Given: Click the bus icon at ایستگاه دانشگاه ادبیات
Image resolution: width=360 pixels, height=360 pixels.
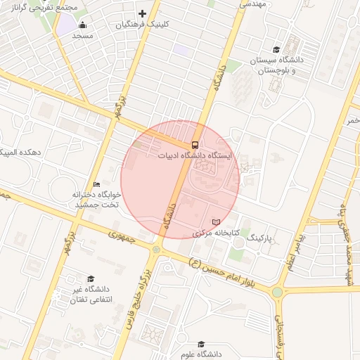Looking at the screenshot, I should pyautogui.click(x=195, y=145).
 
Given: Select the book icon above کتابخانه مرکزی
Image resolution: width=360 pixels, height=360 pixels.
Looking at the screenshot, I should pyautogui.click(x=226, y=222).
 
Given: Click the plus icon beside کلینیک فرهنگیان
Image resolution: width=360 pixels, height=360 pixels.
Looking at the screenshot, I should pyautogui.click(x=143, y=13).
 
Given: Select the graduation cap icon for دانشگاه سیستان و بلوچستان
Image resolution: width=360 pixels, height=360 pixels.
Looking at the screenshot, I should pyautogui.click(x=277, y=49).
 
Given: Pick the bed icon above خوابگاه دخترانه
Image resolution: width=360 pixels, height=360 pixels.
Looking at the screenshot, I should pyautogui.click(x=97, y=184).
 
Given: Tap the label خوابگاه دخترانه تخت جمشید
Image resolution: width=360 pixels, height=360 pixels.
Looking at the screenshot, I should pyautogui.click(x=96, y=199).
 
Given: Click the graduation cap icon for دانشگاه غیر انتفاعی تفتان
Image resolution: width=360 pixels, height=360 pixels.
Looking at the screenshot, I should pyautogui.click(x=91, y=278).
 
